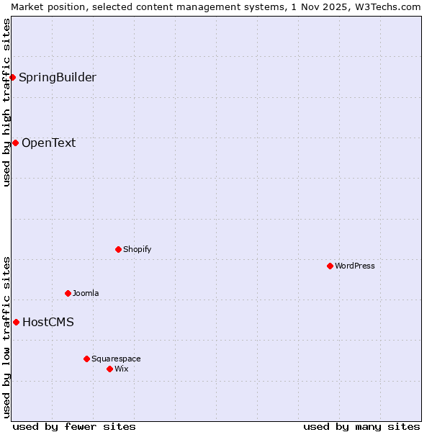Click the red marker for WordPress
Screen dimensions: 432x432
[x=330, y=266]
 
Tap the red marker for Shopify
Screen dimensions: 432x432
[x=118, y=249]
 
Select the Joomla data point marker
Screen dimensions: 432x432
[x=68, y=293]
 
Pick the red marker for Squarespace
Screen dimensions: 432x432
[x=86, y=359]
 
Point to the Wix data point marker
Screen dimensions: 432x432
[x=109, y=369]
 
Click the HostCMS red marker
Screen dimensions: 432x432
[x=16, y=322]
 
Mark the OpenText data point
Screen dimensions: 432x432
[x=15, y=143]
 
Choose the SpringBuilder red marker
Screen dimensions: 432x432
[x=12, y=77]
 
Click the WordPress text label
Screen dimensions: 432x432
[x=355, y=266]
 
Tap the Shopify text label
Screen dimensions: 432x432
[x=137, y=249]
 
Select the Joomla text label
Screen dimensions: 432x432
[x=86, y=293]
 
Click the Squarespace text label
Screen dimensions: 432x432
[x=116, y=359]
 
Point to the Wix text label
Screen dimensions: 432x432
[x=121, y=369]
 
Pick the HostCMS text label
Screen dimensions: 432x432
[x=48, y=322]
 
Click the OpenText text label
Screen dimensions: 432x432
[x=48, y=143]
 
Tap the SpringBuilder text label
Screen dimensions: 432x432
[x=57, y=77]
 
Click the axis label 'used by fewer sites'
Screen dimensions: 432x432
[x=74, y=426]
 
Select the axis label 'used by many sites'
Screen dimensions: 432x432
[x=361, y=426]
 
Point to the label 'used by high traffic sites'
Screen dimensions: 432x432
[x=6, y=103]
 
